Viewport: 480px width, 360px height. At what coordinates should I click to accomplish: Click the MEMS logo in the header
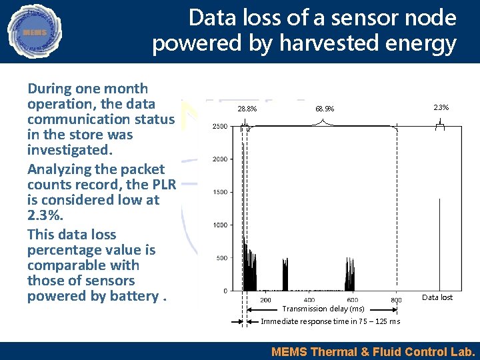pos(33,31)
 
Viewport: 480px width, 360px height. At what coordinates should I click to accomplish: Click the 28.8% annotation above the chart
pos(247,109)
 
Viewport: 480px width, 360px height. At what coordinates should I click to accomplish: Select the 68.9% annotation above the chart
pos(325,109)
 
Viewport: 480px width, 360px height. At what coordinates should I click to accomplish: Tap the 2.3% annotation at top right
pos(441,107)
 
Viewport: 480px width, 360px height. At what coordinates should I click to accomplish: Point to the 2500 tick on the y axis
pos(219,126)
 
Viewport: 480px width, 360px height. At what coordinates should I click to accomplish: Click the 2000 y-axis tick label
pos(219,159)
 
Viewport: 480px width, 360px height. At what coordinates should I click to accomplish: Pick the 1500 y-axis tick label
pos(219,192)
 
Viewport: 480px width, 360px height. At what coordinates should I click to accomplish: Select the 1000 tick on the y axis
pos(219,225)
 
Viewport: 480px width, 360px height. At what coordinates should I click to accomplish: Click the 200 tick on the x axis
pos(265,300)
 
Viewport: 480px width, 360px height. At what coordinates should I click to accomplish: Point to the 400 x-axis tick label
pos(309,300)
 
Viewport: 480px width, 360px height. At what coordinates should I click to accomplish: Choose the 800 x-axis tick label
pos(396,300)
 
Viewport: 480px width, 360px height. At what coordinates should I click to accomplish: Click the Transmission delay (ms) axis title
pos(323,309)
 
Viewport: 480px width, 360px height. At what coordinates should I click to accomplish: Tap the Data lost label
pos(437,297)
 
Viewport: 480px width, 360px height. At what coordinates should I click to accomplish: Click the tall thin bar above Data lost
pos(439,243)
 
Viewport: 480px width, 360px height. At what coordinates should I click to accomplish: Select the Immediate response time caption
pos(330,321)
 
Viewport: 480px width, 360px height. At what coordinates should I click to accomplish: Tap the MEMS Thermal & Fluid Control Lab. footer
pos(373,351)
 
